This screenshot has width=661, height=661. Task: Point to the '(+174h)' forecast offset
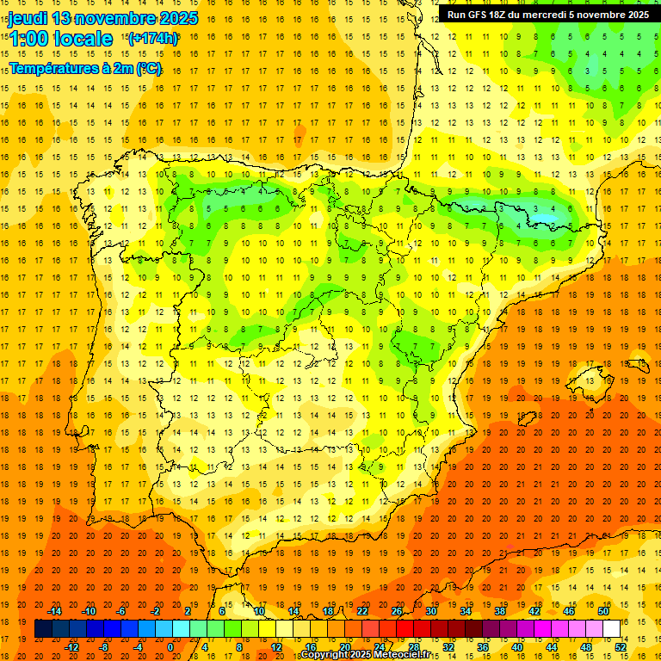pos(153,38)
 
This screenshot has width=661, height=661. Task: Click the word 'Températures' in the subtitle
pos(53,68)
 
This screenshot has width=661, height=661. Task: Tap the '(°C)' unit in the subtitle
pos(148,68)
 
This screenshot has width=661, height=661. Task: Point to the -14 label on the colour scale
pos(55,611)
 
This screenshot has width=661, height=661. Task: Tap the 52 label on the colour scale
pos(621,647)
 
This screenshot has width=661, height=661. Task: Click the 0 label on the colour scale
pos(170,647)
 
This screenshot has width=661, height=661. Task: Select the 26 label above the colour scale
pos(397,611)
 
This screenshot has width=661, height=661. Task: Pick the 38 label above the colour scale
pos(500,611)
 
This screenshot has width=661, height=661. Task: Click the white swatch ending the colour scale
pos(611,629)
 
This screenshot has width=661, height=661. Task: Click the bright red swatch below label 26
pos(405,629)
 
